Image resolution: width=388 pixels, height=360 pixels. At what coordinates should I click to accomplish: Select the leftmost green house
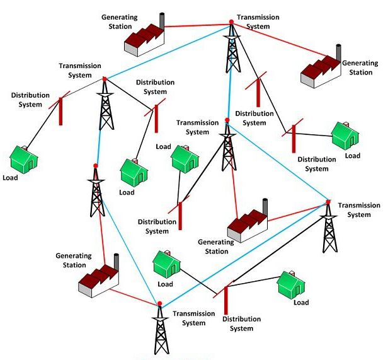24,158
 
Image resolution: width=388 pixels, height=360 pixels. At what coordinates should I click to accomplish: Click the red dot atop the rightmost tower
328,202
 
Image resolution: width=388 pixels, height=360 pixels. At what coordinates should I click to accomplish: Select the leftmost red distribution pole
61,110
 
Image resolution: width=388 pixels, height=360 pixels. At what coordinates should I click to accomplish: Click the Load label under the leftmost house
11,177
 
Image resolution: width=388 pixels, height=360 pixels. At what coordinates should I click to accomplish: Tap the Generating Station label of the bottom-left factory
74,260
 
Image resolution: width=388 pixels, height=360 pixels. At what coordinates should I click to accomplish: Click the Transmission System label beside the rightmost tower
359,210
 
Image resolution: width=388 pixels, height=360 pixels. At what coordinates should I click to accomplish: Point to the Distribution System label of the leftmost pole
30,99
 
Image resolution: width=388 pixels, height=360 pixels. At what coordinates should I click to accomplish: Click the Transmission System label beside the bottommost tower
189,318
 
